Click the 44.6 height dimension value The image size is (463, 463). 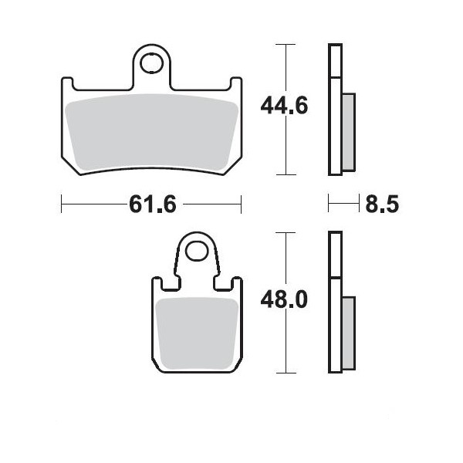pos(284,106)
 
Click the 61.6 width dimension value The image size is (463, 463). pos(153,204)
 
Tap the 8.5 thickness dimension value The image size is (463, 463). pos(382,204)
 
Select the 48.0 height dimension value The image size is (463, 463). pos(284,299)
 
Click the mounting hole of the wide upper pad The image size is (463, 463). pos(151,63)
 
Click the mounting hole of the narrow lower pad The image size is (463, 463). pos(197,251)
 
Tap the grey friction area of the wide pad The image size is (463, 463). pos(151,132)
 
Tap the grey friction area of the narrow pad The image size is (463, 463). pos(197,333)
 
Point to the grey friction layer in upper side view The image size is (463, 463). pos(349,132)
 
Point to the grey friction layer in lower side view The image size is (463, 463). pos(349,333)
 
